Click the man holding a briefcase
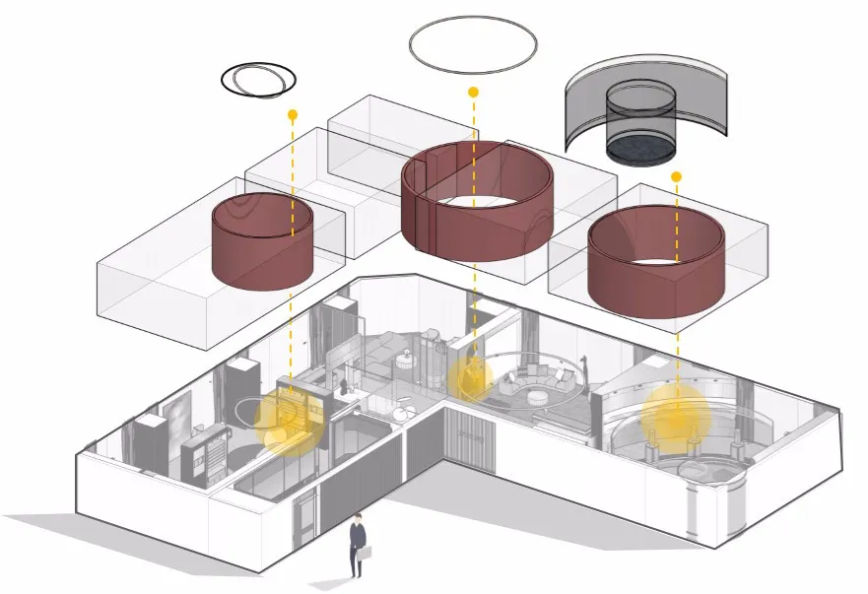[x=357, y=544]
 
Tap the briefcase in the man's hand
[x=365, y=555]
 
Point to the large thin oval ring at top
[x=473, y=44]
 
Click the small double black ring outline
[x=258, y=78]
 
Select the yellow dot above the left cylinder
[x=292, y=114]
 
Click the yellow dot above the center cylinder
[x=473, y=92]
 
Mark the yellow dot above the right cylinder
[x=676, y=176]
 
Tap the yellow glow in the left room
[x=289, y=423]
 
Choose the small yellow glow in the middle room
[x=470, y=377]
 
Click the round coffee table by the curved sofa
[x=539, y=396]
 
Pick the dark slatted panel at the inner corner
[x=468, y=440]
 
